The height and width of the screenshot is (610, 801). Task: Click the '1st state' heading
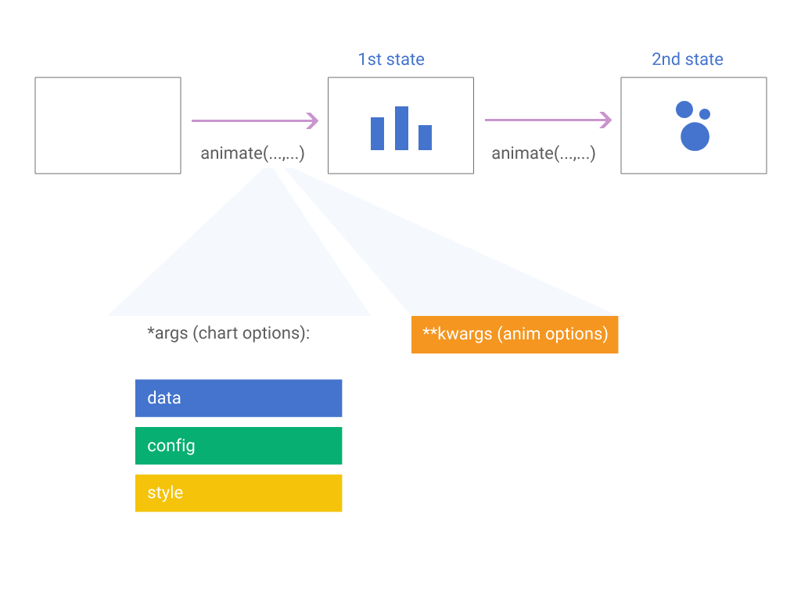(391, 59)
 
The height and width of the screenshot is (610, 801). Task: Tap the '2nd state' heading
(687, 59)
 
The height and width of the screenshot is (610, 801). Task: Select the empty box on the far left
(108, 125)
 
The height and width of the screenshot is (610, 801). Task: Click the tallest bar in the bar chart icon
(401, 128)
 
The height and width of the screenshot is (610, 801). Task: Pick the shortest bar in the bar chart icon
(425, 138)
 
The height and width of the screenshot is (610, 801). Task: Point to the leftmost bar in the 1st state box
(377, 134)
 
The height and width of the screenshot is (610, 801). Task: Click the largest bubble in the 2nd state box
(695, 136)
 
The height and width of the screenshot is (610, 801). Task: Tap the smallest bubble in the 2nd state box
(705, 114)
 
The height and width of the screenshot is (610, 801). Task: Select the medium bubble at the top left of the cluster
(684, 109)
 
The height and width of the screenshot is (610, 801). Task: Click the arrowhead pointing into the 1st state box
(313, 120)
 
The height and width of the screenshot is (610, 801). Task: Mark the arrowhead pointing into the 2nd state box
(605, 120)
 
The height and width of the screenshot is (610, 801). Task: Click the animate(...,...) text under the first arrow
(252, 153)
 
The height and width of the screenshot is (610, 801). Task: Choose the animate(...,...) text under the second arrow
(543, 153)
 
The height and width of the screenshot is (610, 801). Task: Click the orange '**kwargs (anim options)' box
(515, 335)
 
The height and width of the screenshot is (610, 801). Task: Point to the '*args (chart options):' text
(228, 333)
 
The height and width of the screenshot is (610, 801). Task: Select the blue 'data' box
(239, 398)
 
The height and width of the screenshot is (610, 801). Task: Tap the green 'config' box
(239, 446)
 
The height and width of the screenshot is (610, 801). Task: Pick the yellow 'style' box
(239, 493)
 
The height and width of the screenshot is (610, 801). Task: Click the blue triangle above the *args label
(250, 266)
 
